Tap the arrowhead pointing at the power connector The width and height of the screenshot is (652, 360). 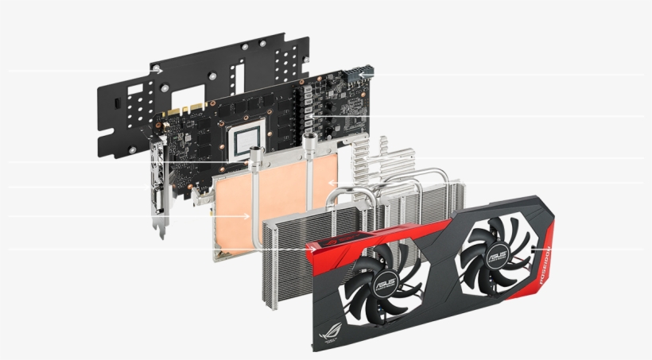pyautogui.click(x=361, y=75)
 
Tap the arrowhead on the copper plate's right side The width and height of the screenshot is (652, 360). pyautogui.click(x=333, y=188)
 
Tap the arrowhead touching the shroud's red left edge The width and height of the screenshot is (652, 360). pyautogui.click(x=311, y=250)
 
